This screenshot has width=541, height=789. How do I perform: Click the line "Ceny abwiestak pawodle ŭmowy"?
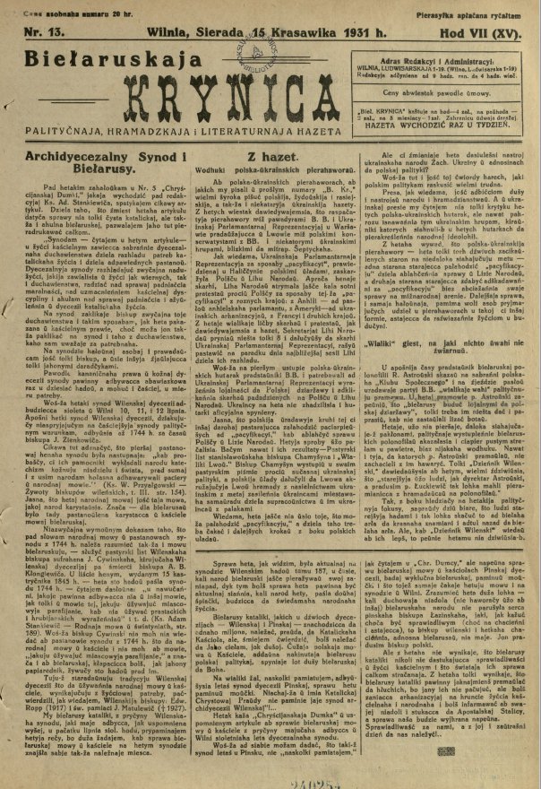[457, 93]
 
